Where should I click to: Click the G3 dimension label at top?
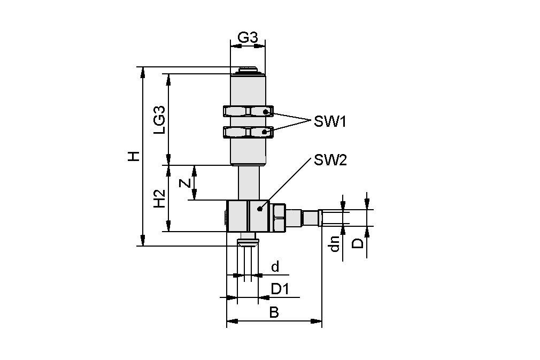248,38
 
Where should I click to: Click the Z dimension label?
184,183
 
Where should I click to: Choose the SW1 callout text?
330,122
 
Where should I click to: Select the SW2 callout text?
330,159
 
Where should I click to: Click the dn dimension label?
335,243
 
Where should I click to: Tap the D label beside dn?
358,243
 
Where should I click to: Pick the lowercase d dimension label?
275,267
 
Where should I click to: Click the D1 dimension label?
280,289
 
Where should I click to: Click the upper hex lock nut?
248,111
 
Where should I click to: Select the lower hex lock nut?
248,132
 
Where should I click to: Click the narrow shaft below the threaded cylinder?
249,182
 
